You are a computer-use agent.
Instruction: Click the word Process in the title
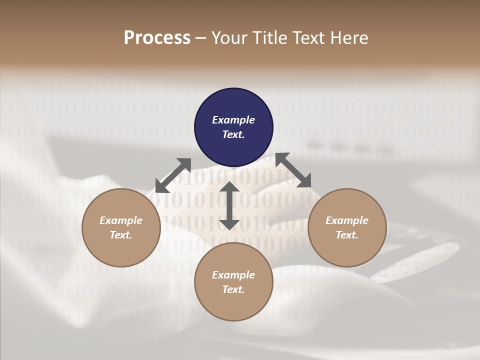(x=157, y=38)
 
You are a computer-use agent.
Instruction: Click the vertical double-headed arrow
(x=229, y=205)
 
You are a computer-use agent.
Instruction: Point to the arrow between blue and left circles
(x=173, y=175)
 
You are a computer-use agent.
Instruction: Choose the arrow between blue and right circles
(x=293, y=170)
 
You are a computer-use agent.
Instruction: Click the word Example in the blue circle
(x=233, y=120)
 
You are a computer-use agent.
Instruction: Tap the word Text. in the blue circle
(x=233, y=134)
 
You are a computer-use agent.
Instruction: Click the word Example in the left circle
(x=121, y=220)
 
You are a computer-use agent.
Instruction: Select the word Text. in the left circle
(x=121, y=235)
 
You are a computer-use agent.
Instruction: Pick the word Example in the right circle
(x=347, y=220)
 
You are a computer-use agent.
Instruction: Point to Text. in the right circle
(x=347, y=235)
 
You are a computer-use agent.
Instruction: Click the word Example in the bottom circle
(x=233, y=275)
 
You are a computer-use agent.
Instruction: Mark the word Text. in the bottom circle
(x=233, y=289)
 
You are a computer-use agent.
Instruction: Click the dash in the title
(x=201, y=38)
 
